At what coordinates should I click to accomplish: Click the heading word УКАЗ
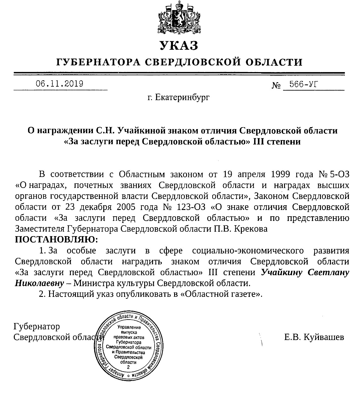coord(179,46)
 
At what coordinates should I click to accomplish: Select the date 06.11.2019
coord(59,84)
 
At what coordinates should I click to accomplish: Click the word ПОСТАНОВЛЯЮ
coord(56,240)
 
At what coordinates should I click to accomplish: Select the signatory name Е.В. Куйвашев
coord(314,337)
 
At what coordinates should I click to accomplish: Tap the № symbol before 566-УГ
coord(276,85)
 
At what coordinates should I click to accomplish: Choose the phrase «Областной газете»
coord(224,294)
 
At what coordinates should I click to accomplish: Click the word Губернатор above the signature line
coord(37,326)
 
